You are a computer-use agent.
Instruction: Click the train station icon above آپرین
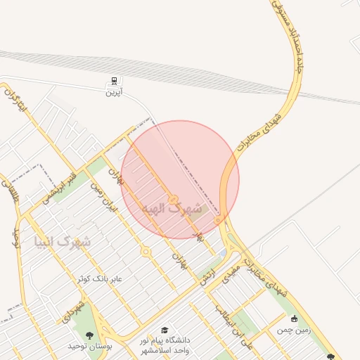point(114,81)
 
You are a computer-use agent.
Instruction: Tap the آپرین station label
point(114,92)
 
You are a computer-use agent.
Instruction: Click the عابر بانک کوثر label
point(100,279)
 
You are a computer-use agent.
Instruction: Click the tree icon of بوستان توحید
point(89,335)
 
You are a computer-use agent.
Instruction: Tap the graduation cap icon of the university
point(165,330)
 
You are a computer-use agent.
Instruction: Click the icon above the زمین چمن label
point(294,319)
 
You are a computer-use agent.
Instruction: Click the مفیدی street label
point(231,275)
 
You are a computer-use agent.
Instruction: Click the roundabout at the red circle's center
point(173,199)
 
